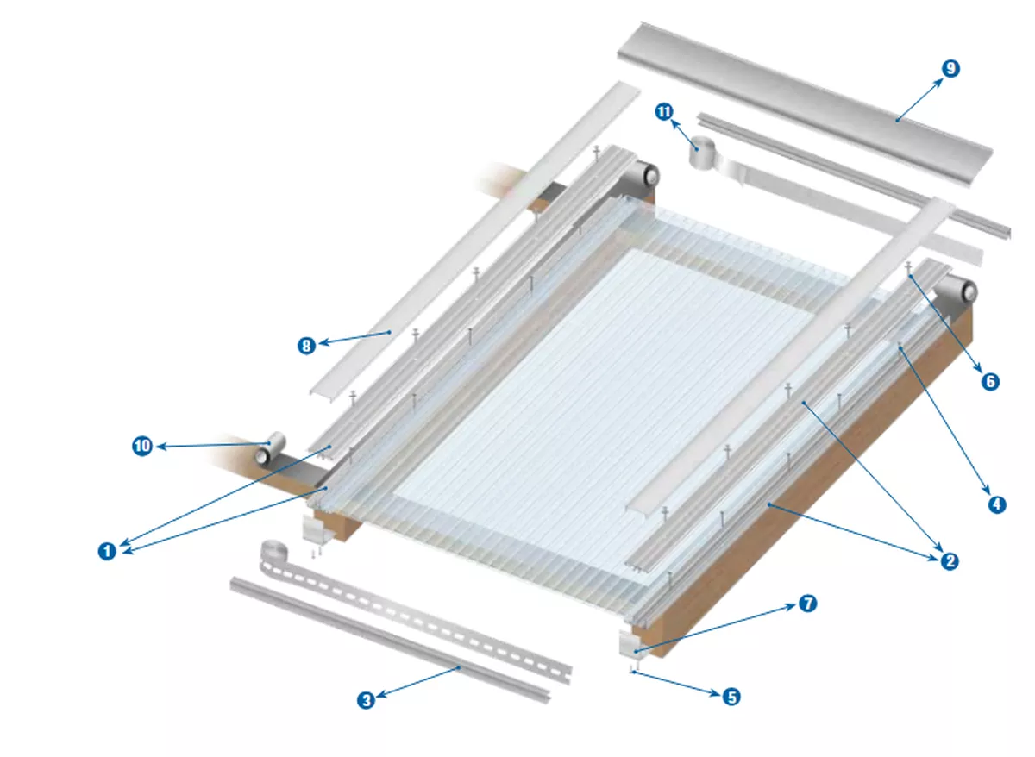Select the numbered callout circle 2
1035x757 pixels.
pyautogui.click(x=949, y=561)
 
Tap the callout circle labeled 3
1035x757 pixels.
pyautogui.click(x=366, y=700)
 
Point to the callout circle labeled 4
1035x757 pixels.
pyautogui.click(x=996, y=504)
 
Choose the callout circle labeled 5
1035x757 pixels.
pyautogui.click(x=731, y=697)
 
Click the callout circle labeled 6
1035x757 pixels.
pyautogui.click(x=990, y=380)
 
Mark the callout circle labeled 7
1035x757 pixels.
pyautogui.click(x=806, y=604)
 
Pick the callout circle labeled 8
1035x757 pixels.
pyautogui.click(x=306, y=346)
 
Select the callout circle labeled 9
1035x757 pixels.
pyautogui.click(x=950, y=69)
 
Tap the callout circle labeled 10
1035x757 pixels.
pyautogui.click(x=141, y=446)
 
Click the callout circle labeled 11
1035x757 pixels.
pyautogui.click(x=663, y=113)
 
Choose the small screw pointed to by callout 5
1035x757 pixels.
pyautogui.click(x=632, y=668)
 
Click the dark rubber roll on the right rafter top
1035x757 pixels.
pyautogui.click(x=957, y=292)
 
